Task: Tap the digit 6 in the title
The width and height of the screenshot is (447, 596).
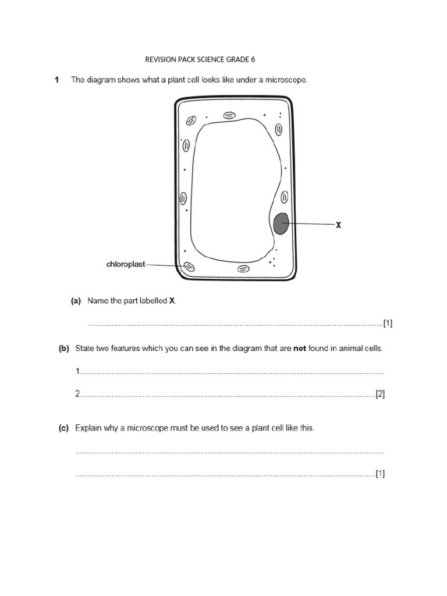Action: (x=253, y=59)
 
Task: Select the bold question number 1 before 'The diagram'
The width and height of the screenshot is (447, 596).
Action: (x=57, y=80)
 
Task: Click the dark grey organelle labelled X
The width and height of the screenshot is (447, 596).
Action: (x=281, y=223)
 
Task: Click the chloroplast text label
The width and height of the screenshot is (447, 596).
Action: (x=126, y=264)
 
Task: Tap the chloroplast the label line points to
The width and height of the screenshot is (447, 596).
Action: (x=189, y=267)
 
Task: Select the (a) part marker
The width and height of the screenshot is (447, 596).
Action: (x=76, y=301)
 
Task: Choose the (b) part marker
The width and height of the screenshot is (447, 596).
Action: (x=64, y=349)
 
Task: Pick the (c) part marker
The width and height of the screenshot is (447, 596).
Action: (x=64, y=428)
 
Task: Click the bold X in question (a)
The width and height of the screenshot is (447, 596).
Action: (x=172, y=301)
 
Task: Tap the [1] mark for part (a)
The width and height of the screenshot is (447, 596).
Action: (x=388, y=324)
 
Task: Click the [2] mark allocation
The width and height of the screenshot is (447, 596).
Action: (x=380, y=394)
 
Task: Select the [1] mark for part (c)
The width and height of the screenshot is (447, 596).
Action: (x=380, y=474)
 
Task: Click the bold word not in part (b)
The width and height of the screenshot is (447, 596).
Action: (x=300, y=349)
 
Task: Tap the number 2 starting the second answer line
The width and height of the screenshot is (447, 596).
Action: (x=77, y=394)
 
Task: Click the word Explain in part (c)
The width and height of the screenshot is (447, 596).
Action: (x=88, y=428)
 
